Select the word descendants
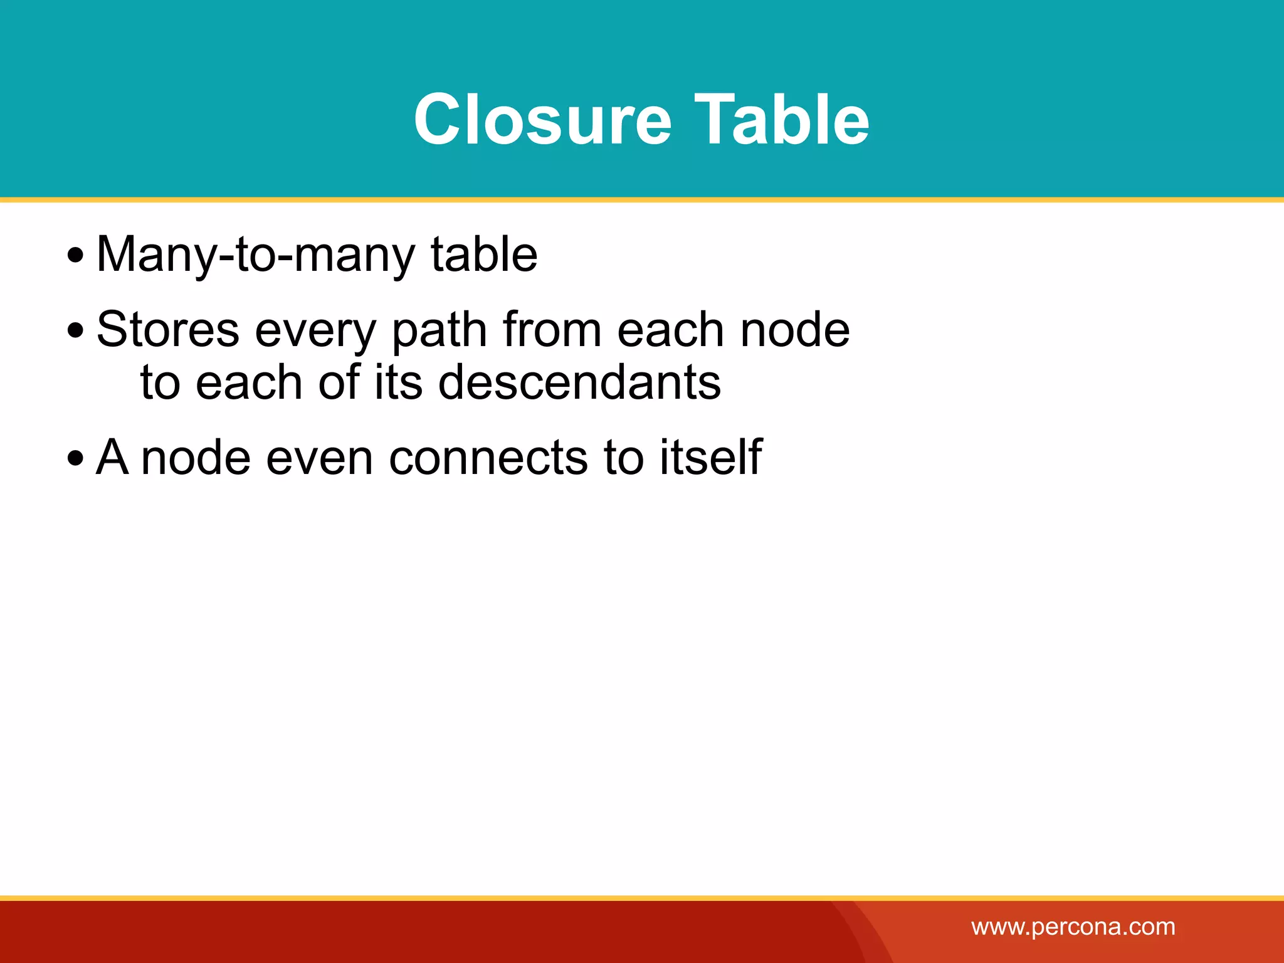579,382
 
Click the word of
339,382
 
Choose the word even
320,458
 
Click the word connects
488,458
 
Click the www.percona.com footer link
1073,927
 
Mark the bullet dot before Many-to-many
75,256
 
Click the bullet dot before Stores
75,331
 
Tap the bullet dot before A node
75,458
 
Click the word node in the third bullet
195,458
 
